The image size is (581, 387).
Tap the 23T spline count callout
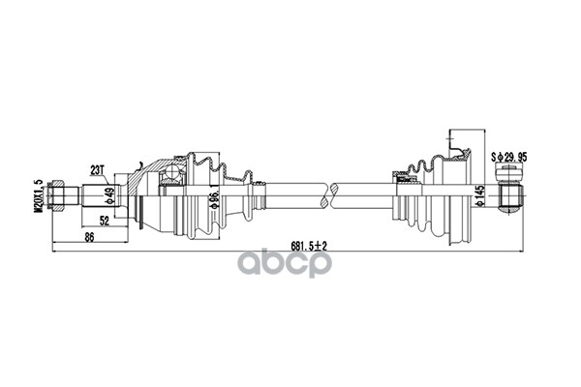(97, 170)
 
